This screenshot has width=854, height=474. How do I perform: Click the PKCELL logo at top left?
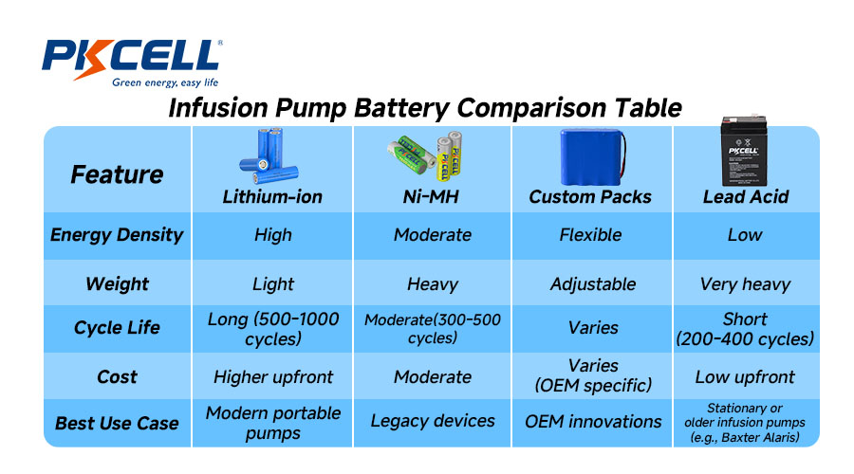[x=131, y=58]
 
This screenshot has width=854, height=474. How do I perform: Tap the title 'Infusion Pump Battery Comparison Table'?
[x=425, y=107]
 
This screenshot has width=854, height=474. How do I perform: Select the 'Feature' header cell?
[x=117, y=174]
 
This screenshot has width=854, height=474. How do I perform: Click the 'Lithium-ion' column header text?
[x=272, y=197]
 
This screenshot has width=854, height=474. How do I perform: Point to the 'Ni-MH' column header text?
[x=433, y=197]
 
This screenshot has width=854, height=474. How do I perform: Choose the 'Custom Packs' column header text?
[x=590, y=197]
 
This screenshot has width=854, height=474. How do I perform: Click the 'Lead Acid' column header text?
[x=746, y=197]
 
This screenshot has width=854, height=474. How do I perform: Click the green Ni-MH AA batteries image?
[x=426, y=155]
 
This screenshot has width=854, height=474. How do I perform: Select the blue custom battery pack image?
[x=592, y=156]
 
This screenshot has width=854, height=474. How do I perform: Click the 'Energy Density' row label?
[x=117, y=235]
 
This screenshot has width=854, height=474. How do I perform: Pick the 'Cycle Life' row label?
[x=117, y=328]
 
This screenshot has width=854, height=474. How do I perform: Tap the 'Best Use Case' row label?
[x=117, y=423]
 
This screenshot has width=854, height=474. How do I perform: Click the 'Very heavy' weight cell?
[x=745, y=283]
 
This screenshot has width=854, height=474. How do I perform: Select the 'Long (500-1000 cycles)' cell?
[x=273, y=329]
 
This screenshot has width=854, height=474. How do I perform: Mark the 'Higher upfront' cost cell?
[x=273, y=376]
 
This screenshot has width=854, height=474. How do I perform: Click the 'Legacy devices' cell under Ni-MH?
[x=433, y=421]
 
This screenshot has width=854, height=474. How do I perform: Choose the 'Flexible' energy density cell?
[x=590, y=235]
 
